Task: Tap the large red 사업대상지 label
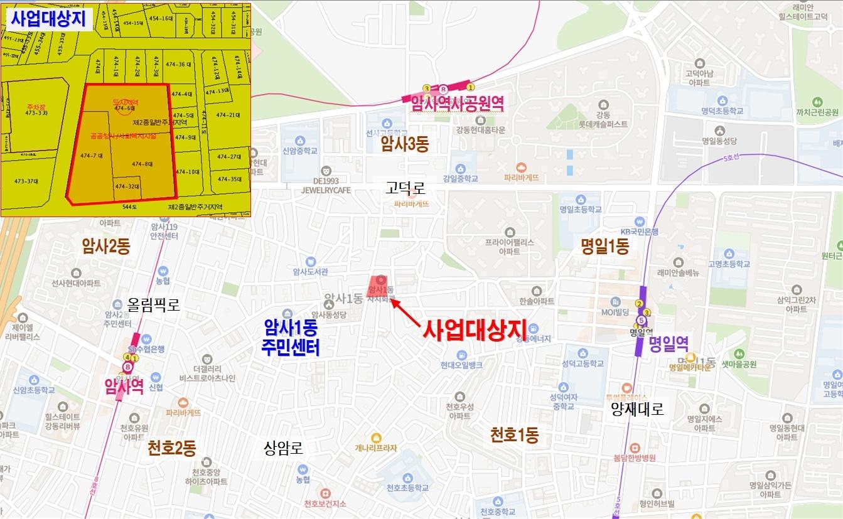[x=474, y=329]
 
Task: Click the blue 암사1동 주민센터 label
[x=292, y=337]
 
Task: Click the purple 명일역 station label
[x=669, y=344]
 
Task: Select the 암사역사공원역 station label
[x=458, y=104]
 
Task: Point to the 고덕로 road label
[x=406, y=187]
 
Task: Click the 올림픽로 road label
[x=154, y=305]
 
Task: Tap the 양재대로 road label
[x=637, y=409]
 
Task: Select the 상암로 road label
[x=284, y=448]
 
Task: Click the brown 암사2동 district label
[x=106, y=246]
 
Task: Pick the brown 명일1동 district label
[x=604, y=246]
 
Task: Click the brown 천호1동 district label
[x=514, y=434]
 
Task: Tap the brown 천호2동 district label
[x=172, y=448]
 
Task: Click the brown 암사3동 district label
[x=404, y=145]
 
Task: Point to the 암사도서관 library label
[x=311, y=272]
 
